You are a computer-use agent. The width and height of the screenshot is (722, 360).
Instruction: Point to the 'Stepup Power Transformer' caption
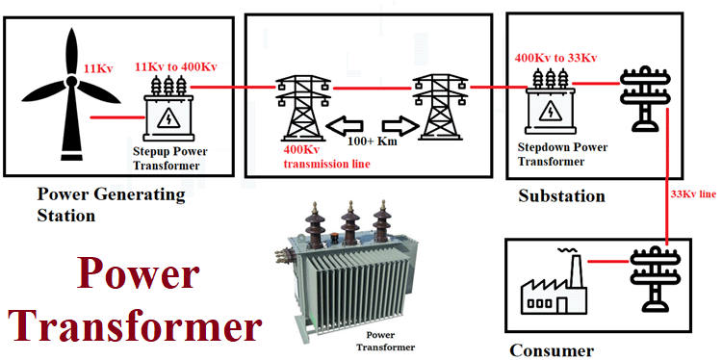pyautogui.click(x=170, y=158)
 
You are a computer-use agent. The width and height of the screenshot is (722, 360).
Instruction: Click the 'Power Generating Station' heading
pyautogui.click(x=110, y=204)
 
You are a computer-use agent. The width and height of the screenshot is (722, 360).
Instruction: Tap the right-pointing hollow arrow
pyautogui.click(x=397, y=125)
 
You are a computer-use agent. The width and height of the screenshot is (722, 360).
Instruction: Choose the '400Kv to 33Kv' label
pyautogui.click(x=556, y=58)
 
